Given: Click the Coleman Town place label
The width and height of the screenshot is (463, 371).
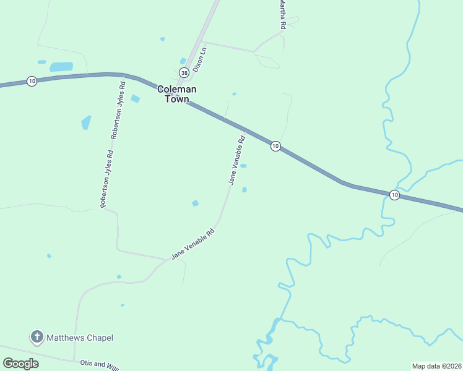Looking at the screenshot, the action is click(176, 94).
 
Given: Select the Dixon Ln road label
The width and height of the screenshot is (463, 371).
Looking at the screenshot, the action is click(199, 61).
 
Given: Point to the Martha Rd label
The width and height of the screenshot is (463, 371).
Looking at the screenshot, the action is click(282, 14).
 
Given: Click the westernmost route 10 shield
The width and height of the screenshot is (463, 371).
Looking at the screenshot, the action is click(32, 81).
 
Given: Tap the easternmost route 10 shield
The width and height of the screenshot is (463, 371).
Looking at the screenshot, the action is click(394, 195).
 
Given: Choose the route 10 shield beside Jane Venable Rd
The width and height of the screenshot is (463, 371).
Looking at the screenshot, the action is click(275, 146).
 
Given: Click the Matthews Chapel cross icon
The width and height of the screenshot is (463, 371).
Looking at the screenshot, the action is click(37, 337).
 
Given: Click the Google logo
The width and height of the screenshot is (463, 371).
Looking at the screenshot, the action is click(20, 363).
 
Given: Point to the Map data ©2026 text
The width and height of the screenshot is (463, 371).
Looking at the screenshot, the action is click(436, 366).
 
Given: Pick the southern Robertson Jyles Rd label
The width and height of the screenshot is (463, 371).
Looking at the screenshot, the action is click(106, 179).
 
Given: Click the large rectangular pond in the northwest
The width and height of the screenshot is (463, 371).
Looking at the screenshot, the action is click(61, 66).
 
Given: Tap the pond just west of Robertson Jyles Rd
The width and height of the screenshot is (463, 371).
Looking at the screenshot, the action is click(85, 122).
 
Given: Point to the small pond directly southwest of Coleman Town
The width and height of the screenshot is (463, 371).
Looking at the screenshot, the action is click(135, 98).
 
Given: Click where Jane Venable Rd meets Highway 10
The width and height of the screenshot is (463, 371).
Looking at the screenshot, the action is click(246, 130).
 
